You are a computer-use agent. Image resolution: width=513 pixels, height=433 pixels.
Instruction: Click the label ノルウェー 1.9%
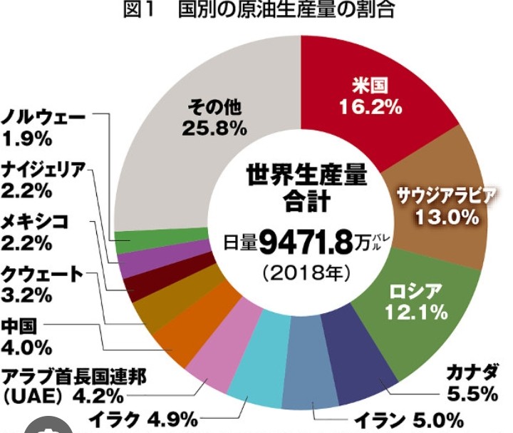[x=43, y=125]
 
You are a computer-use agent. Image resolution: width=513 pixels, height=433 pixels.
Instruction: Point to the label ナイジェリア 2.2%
[x=43, y=179]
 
